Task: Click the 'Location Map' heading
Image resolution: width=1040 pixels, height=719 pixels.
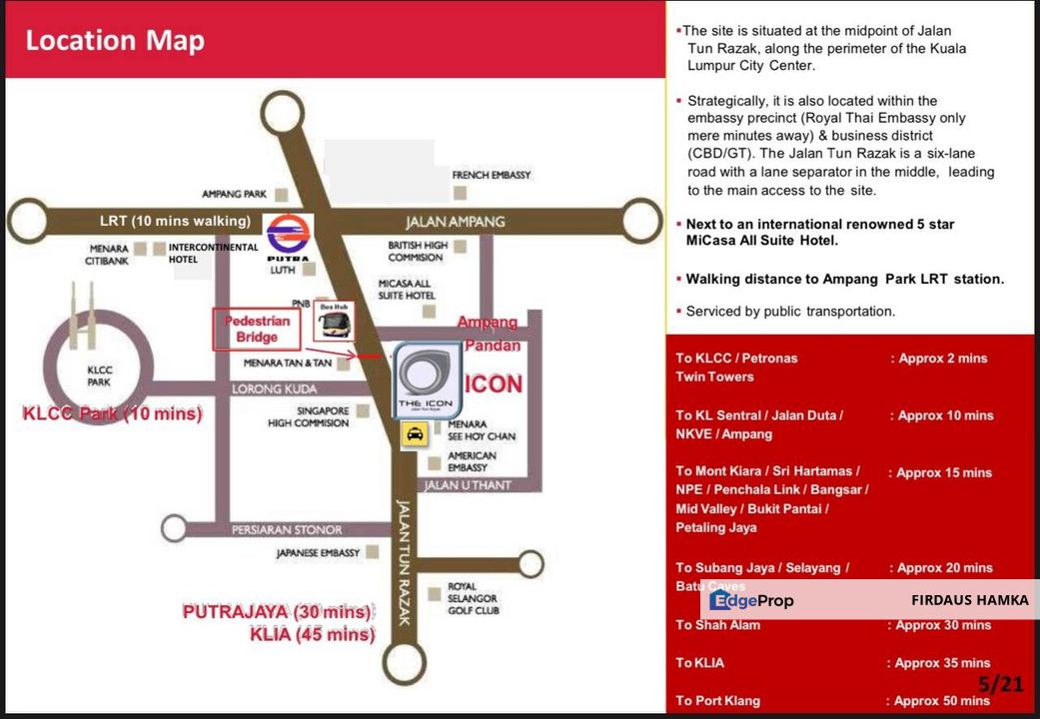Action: [x=115, y=41]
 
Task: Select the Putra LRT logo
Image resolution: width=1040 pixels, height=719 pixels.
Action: [x=289, y=238]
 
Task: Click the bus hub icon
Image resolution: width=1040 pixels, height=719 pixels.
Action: [x=334, y=321]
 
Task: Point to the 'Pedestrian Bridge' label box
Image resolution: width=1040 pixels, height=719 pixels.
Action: [x=257, y=329]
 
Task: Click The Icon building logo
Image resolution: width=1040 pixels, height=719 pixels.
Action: [x=427, y=376]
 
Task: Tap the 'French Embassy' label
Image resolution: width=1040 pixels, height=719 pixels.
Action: [x=491, y=175]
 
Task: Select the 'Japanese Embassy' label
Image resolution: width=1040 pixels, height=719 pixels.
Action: [x=319, y=552]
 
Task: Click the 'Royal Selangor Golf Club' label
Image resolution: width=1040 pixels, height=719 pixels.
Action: [x=473, y=598]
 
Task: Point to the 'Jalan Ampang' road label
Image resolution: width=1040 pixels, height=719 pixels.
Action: [x=456, y=221]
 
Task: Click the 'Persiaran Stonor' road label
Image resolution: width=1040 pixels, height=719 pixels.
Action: [x=287, y=529]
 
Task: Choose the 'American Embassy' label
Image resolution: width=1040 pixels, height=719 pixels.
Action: [x=473, y=461]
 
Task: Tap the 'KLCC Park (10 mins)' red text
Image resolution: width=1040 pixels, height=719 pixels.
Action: [x=112, y=413]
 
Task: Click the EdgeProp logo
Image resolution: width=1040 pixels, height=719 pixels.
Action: [x=751, y=600]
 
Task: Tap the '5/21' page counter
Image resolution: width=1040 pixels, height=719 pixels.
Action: [x=1000, y=684]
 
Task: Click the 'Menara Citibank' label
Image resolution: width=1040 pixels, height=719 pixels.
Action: [x=107, y=255]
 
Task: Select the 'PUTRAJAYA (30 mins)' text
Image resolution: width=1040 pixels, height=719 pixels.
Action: [x=277, y=611]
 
